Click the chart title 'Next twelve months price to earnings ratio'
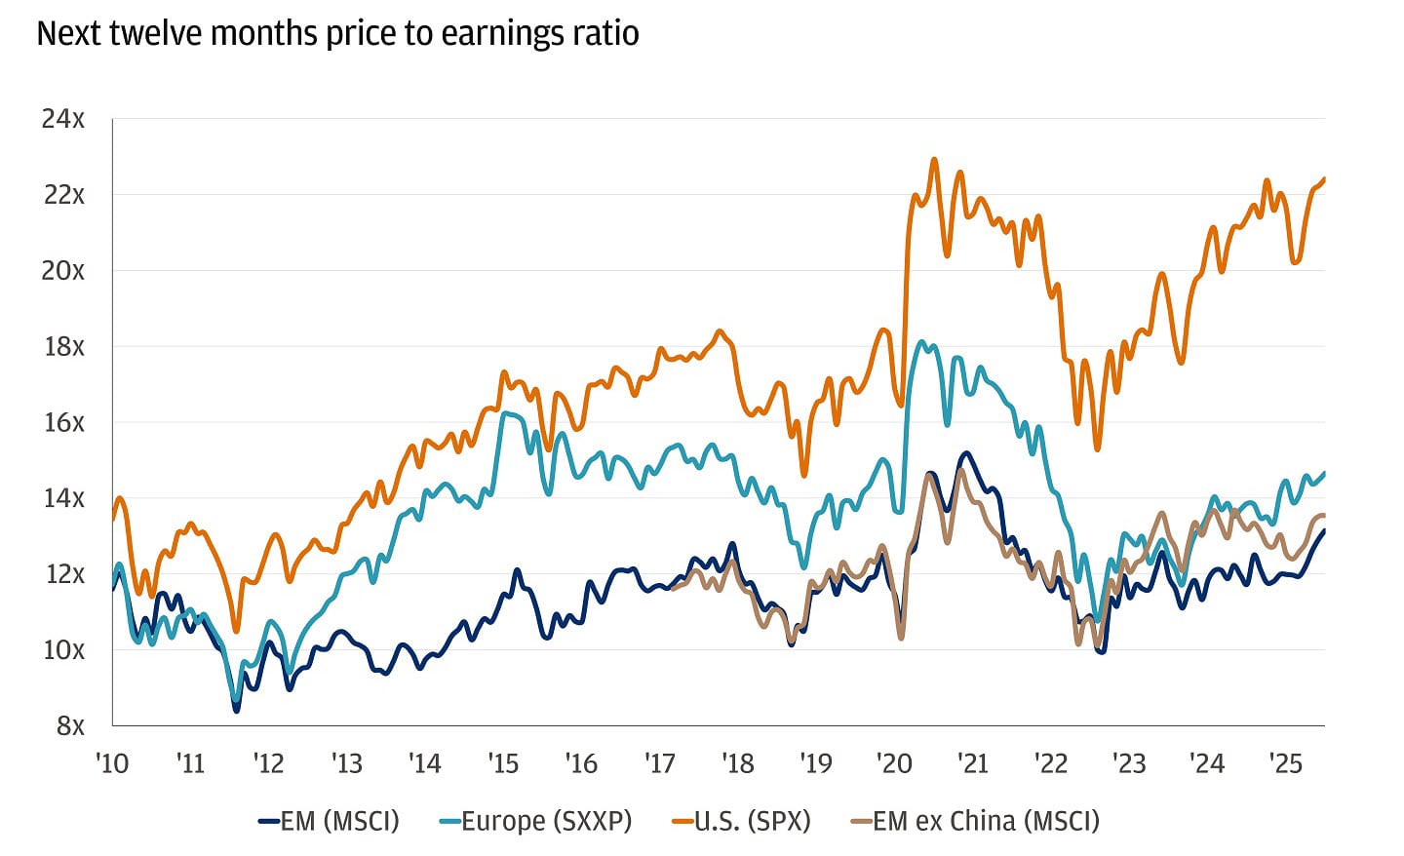[x=337, y=34]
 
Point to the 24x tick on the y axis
[x=63, y=119]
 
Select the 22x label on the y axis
[x=63, y=195]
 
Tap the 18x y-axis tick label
[x=63, y=346]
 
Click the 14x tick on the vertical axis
[x=63, y=498]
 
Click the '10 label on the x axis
[x=113, y=762]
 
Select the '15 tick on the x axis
[x=503, y=762]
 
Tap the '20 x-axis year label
[x=894, y=762]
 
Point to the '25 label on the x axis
[x=1285, y=762]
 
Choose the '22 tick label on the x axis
[x=1051, y=762]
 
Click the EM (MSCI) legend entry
[x=329, y=821]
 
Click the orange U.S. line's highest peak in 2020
[x=934, y=159]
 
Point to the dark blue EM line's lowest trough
[x=236, y=711]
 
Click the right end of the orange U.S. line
[x=1324, y=178]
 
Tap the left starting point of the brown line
[x=673, y=588]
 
